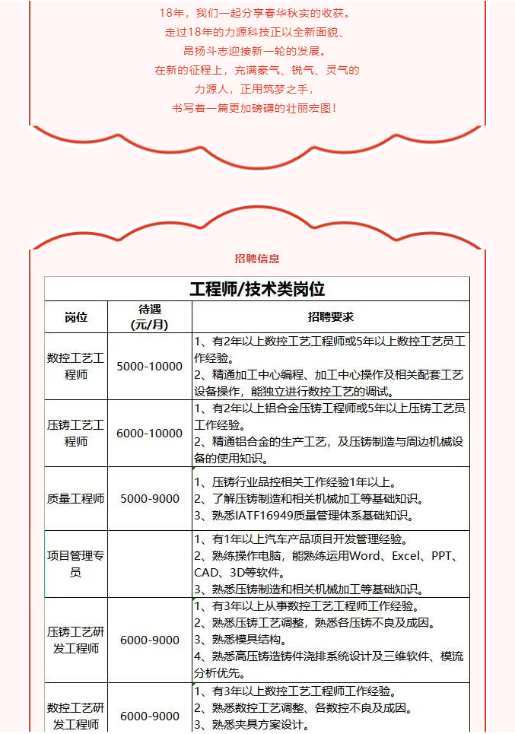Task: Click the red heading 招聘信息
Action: coord(257,259)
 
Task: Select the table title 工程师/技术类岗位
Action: coord(257,289)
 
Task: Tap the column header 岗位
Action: coord(76,317)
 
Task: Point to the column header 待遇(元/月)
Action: coord(150,317)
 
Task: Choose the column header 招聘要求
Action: coord(330,317)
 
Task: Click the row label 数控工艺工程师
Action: coord(76,367)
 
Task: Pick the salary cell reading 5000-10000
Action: coord(150,367)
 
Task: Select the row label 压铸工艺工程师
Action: coord(76,434)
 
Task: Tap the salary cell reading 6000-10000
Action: coord(150,434)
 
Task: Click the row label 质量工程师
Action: coord(76,499)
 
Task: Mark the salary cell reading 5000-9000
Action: coord(150,499)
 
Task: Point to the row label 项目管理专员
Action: coord(76,564)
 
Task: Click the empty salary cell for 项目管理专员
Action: coord(150,564)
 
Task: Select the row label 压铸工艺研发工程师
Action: coord(76,640)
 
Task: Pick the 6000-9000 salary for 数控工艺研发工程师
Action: coord(150,716)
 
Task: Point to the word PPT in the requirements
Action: coord(443,556)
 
